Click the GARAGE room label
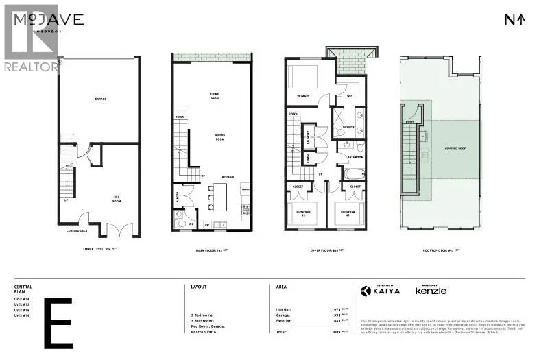pos(100,99)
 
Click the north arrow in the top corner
pos(515,19)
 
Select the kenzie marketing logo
pos(431,291)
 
